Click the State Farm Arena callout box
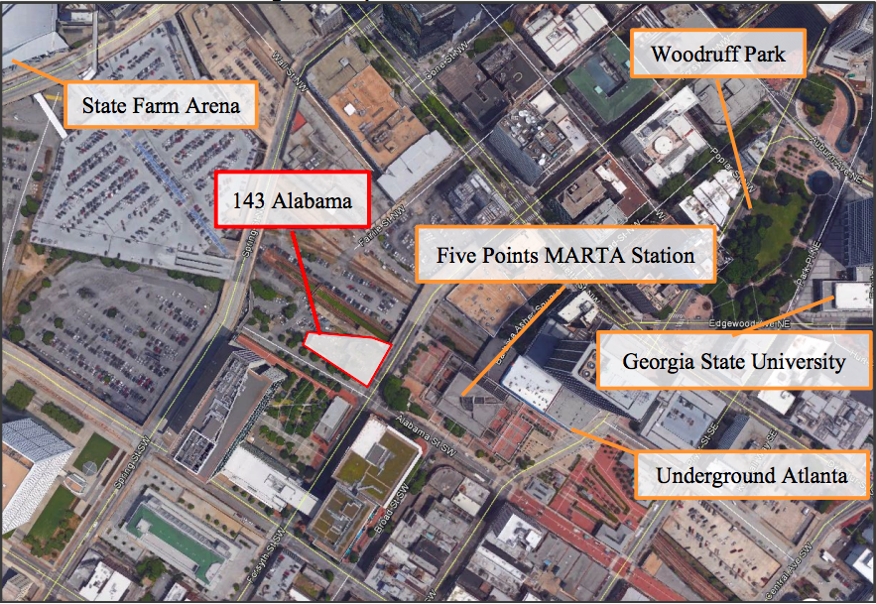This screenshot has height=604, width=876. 162,104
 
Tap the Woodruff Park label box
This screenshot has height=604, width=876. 718,54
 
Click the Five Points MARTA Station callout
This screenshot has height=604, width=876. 565,256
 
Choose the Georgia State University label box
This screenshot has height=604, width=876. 734,361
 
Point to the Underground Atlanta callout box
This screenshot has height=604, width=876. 751,476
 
